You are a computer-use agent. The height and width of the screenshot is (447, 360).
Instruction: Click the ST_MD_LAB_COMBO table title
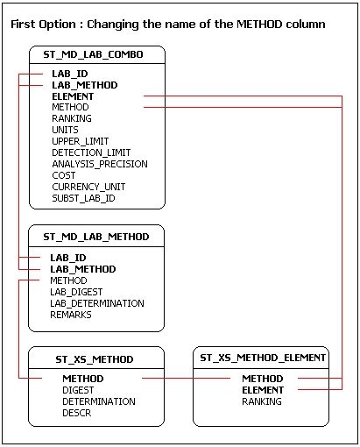(93, 54)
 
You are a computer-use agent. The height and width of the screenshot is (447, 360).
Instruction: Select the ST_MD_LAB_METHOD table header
(96, 237)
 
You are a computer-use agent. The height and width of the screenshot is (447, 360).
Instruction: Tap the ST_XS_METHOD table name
(95, 359)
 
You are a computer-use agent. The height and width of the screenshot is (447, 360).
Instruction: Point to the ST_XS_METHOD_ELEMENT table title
(263, 358)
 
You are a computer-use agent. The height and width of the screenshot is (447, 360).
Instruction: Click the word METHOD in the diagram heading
(259, 24)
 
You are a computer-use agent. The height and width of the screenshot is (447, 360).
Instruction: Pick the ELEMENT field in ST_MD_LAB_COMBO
(73, 96)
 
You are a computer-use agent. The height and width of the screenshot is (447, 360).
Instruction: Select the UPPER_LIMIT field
(81, 141)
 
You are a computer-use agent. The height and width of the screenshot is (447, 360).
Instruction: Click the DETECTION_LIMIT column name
(91, 153)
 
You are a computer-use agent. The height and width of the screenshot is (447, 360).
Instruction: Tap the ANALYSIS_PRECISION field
(100, 164)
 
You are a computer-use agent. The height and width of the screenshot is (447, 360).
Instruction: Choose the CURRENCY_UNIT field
(88, 187)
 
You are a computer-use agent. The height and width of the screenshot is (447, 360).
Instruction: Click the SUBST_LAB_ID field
(83, 198)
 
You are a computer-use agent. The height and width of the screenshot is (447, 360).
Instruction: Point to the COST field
(64, 175)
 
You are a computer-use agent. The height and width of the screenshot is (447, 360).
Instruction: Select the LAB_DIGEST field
(76, 292)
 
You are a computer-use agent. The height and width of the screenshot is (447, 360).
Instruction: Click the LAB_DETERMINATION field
(97, 303)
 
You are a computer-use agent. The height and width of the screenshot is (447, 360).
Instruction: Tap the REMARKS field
(71, 315)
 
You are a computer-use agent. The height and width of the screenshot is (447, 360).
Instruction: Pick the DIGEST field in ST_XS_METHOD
(78, 390)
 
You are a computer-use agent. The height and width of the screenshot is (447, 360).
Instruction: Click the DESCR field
(77, 413)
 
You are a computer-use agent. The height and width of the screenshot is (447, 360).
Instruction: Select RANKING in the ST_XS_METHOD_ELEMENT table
(262, 401)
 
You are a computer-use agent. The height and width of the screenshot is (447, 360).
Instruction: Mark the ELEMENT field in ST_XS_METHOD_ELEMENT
(263, 390)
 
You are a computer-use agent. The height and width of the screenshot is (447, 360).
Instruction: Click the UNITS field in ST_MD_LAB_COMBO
(65, 130)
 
